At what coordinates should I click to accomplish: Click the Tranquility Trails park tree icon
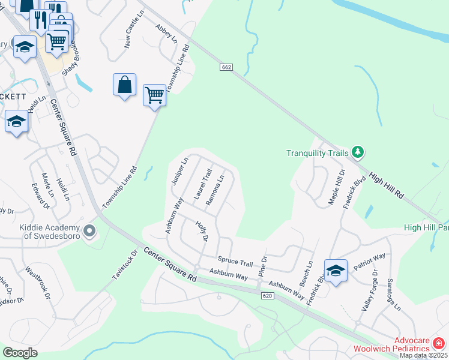click(x=358, y=152)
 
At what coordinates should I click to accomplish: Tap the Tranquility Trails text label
click(x=317, y=153)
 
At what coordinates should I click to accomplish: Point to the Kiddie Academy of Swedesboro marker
click(x=90, y=230)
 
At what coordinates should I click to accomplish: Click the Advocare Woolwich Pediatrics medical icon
click(x=439, y=344)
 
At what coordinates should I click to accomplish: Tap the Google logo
click(x=20, y=353)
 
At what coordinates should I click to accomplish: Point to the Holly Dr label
click(x=201, y=231)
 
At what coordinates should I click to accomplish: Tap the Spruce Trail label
click(x=235, y=262)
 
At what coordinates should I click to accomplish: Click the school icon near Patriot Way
click(x=336, y=271)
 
